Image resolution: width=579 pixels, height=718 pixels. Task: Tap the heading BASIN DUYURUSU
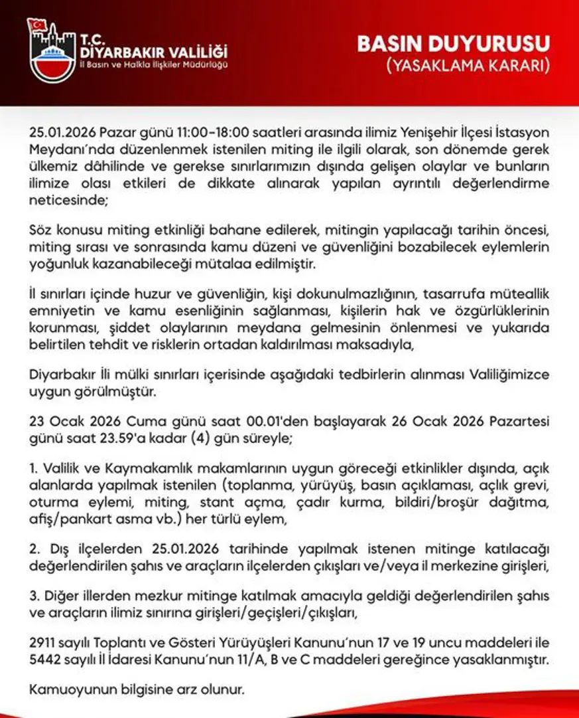coord(454,44)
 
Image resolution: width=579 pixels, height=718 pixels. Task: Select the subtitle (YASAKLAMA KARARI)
coord(467,66)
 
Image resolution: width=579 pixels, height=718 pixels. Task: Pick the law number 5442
coord(44,660)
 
